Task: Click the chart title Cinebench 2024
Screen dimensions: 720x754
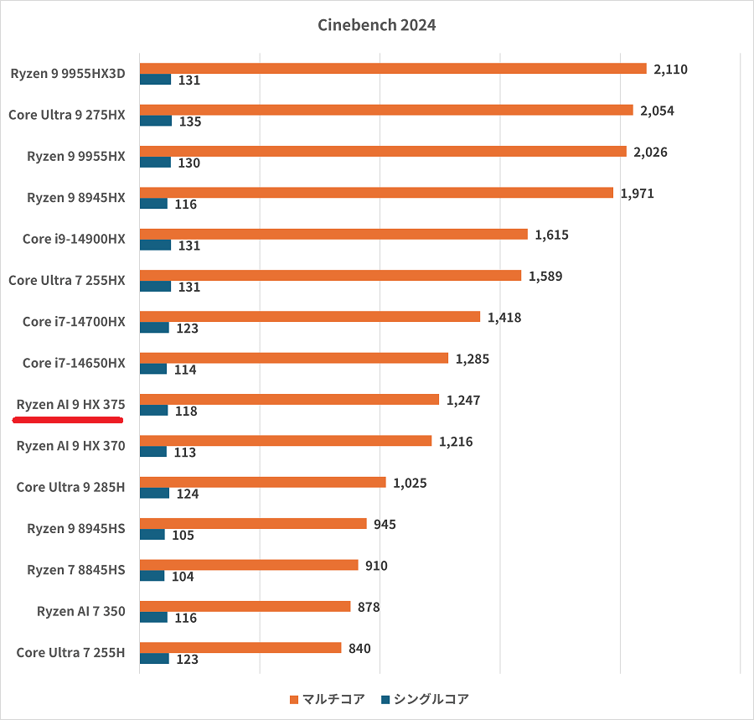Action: (x=376, y=25)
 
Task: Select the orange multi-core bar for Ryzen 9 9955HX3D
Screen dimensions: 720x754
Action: (x=392, y=69)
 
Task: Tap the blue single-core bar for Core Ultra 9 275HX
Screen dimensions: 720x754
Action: (x=155, y=121)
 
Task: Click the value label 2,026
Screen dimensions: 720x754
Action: (x=654, y=152)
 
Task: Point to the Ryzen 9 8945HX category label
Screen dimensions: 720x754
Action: (x=75, y=198)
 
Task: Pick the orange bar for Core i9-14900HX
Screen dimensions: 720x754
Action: (x=333, y=234)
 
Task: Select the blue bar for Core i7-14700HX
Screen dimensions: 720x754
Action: (x=154, y=328)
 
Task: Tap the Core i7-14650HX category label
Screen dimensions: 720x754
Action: (x=74, y=363)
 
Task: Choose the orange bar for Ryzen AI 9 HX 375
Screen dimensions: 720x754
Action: (x=289, y=399)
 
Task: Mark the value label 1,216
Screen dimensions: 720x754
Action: (x=456, y=441)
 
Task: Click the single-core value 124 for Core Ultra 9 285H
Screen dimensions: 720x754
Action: (x=188, y=494)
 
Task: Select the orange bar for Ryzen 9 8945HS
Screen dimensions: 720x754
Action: (x=253, y=524)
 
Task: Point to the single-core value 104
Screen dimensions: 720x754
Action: (x=182, y=576)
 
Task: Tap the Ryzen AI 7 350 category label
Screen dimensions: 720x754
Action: (x=80, y=611)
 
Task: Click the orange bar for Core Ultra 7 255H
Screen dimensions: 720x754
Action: (x=240, y=647)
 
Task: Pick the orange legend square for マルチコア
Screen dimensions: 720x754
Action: (x=293, y=699)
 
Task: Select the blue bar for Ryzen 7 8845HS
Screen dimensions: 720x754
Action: (x=152, y=575)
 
